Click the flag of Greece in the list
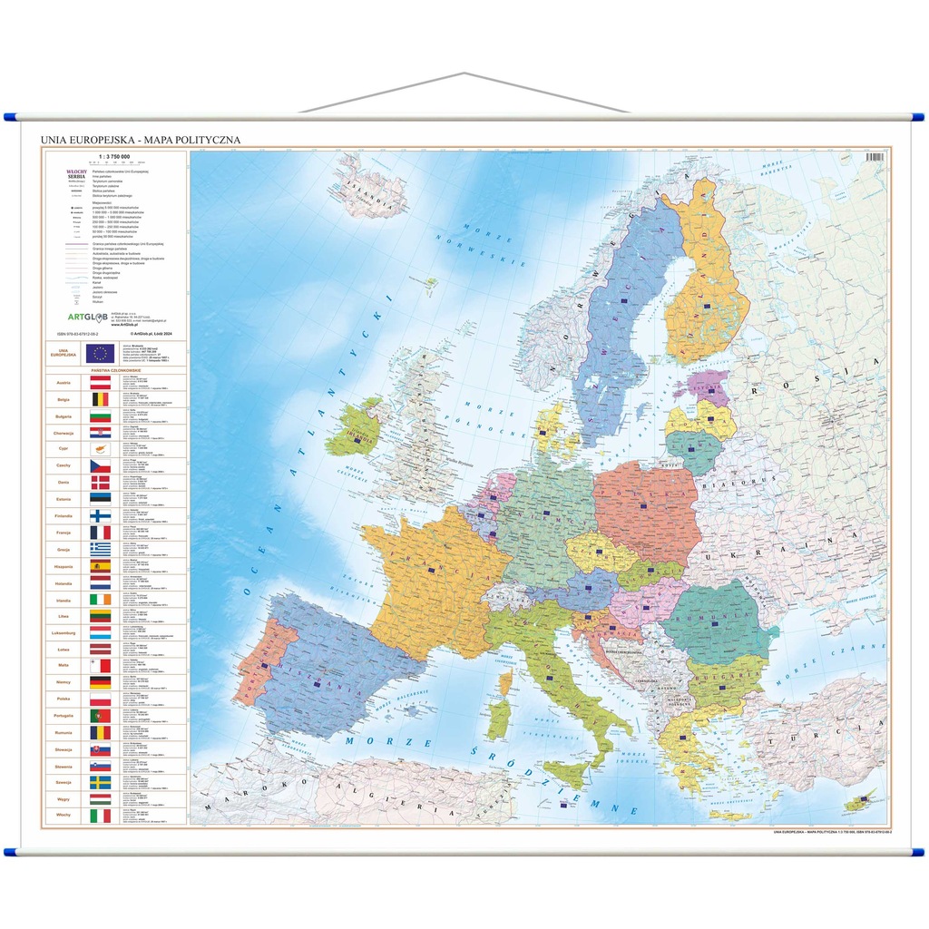click(100, 548)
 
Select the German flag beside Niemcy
click(100, 681)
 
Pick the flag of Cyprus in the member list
click(100, 448)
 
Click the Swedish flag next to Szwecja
click(100, 782)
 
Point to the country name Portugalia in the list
click(64, 715)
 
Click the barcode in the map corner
click(876, 156)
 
